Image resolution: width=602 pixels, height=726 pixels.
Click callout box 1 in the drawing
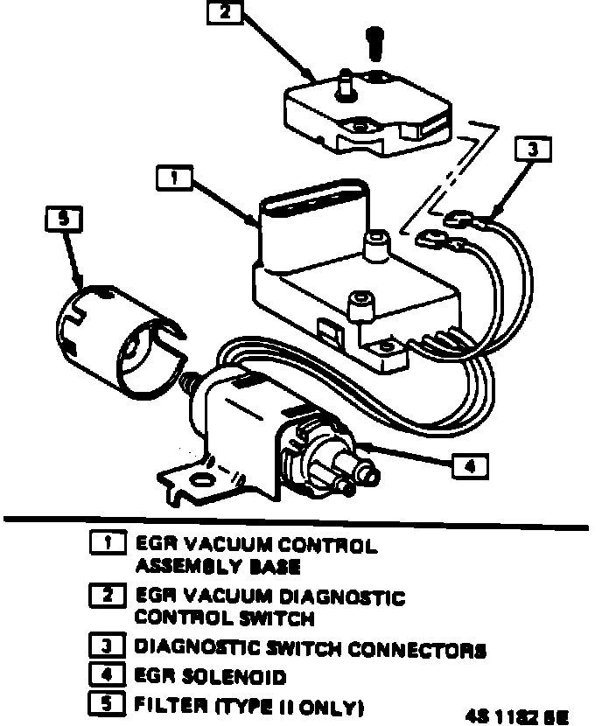click(176, 178)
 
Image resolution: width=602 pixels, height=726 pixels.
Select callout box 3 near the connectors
click(533, 150)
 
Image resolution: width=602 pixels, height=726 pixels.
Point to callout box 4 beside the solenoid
click(469, 466)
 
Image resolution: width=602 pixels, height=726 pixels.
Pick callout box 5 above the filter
click(62, 220)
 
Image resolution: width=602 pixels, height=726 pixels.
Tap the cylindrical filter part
click(122, 332)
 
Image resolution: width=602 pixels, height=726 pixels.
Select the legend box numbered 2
click(108, 598)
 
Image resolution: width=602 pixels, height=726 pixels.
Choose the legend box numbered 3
click(108, 650)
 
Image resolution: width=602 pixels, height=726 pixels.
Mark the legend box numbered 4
click(108, 676)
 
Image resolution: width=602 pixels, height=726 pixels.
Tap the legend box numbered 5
click(108, 702)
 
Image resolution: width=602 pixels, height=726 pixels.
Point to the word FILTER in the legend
click(166, 703)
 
